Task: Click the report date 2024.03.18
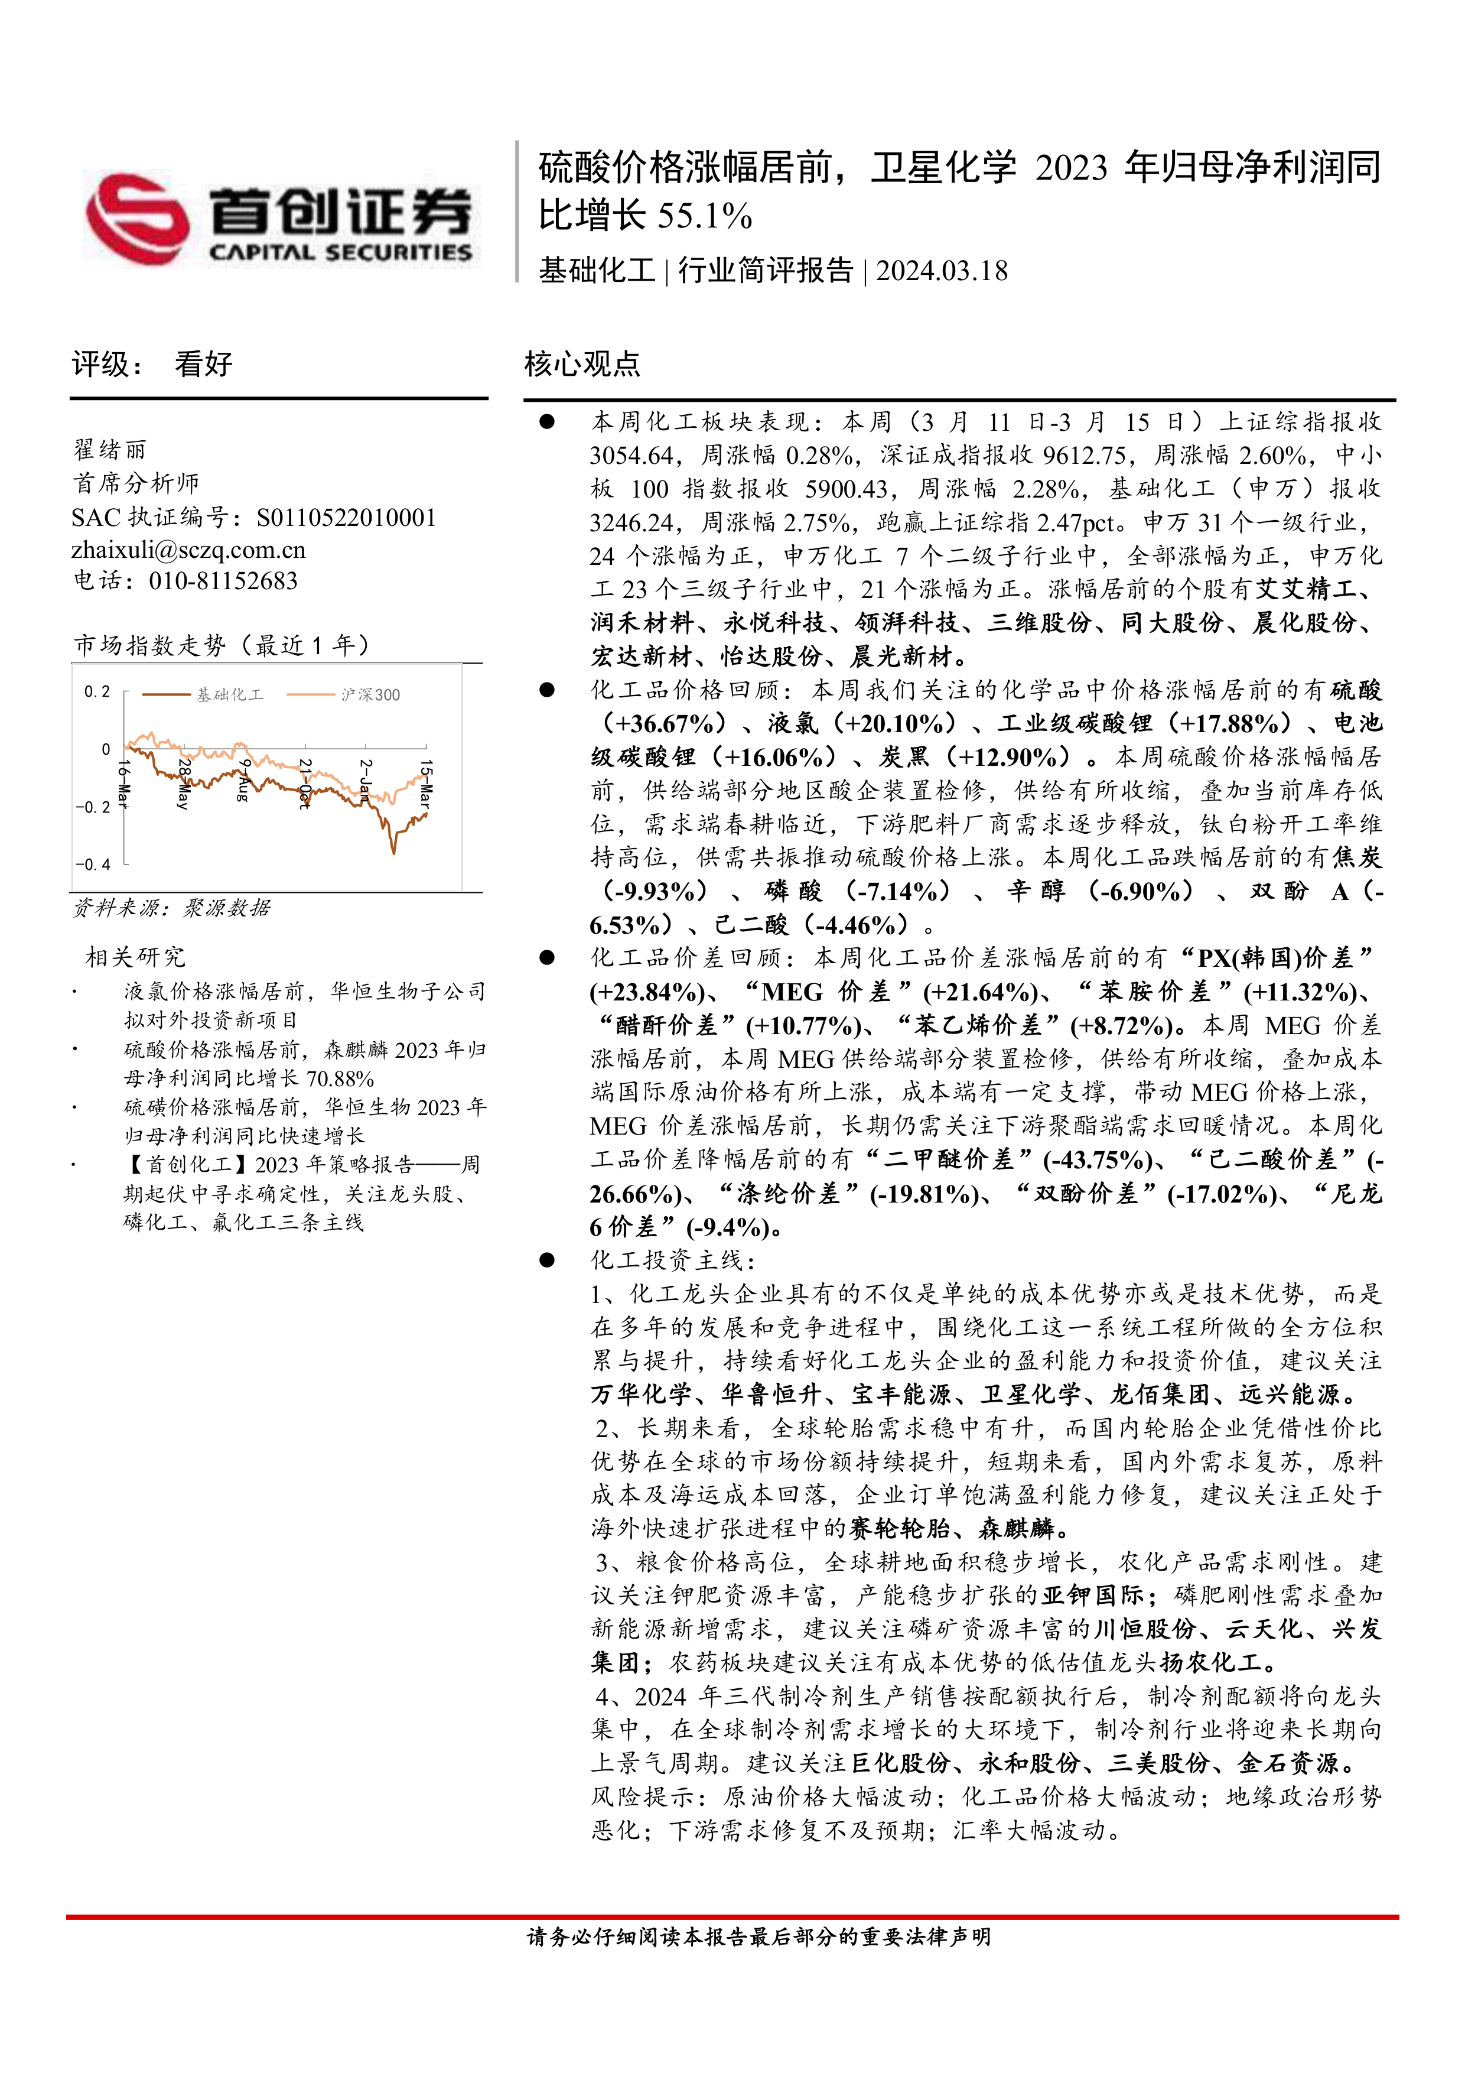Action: point(942,271)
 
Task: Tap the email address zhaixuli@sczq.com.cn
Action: point(188,550)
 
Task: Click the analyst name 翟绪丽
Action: point(109,450)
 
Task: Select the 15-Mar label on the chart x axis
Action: point(426,783)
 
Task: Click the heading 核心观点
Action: point(582,364)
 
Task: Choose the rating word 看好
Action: point(203,364)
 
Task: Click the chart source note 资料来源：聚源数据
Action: point(171,908)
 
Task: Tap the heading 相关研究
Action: point(135,956)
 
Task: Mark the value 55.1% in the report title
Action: point(705,216)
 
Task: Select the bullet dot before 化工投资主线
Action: point(547,1260)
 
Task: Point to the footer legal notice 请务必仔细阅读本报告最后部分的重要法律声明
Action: point(759,1936)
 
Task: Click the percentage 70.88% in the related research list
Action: point(340,1078)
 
